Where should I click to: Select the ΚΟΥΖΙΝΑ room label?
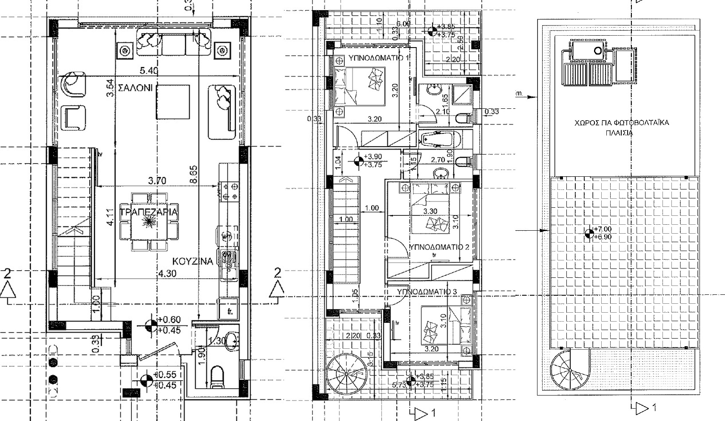(192, 261)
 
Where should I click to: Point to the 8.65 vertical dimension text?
(193, 174)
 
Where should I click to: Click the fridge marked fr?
(229, 310)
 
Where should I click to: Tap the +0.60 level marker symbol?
(150, 325)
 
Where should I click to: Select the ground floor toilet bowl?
(217, 377)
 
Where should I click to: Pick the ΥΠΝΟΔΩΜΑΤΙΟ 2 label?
(439, 247)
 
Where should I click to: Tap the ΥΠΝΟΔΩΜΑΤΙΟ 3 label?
(426, 292)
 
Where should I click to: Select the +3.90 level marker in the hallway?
(358, 161)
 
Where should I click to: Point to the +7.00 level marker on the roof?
(589, 233)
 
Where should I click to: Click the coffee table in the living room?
(173, 102)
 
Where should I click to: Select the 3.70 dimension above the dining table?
(157, 181)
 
